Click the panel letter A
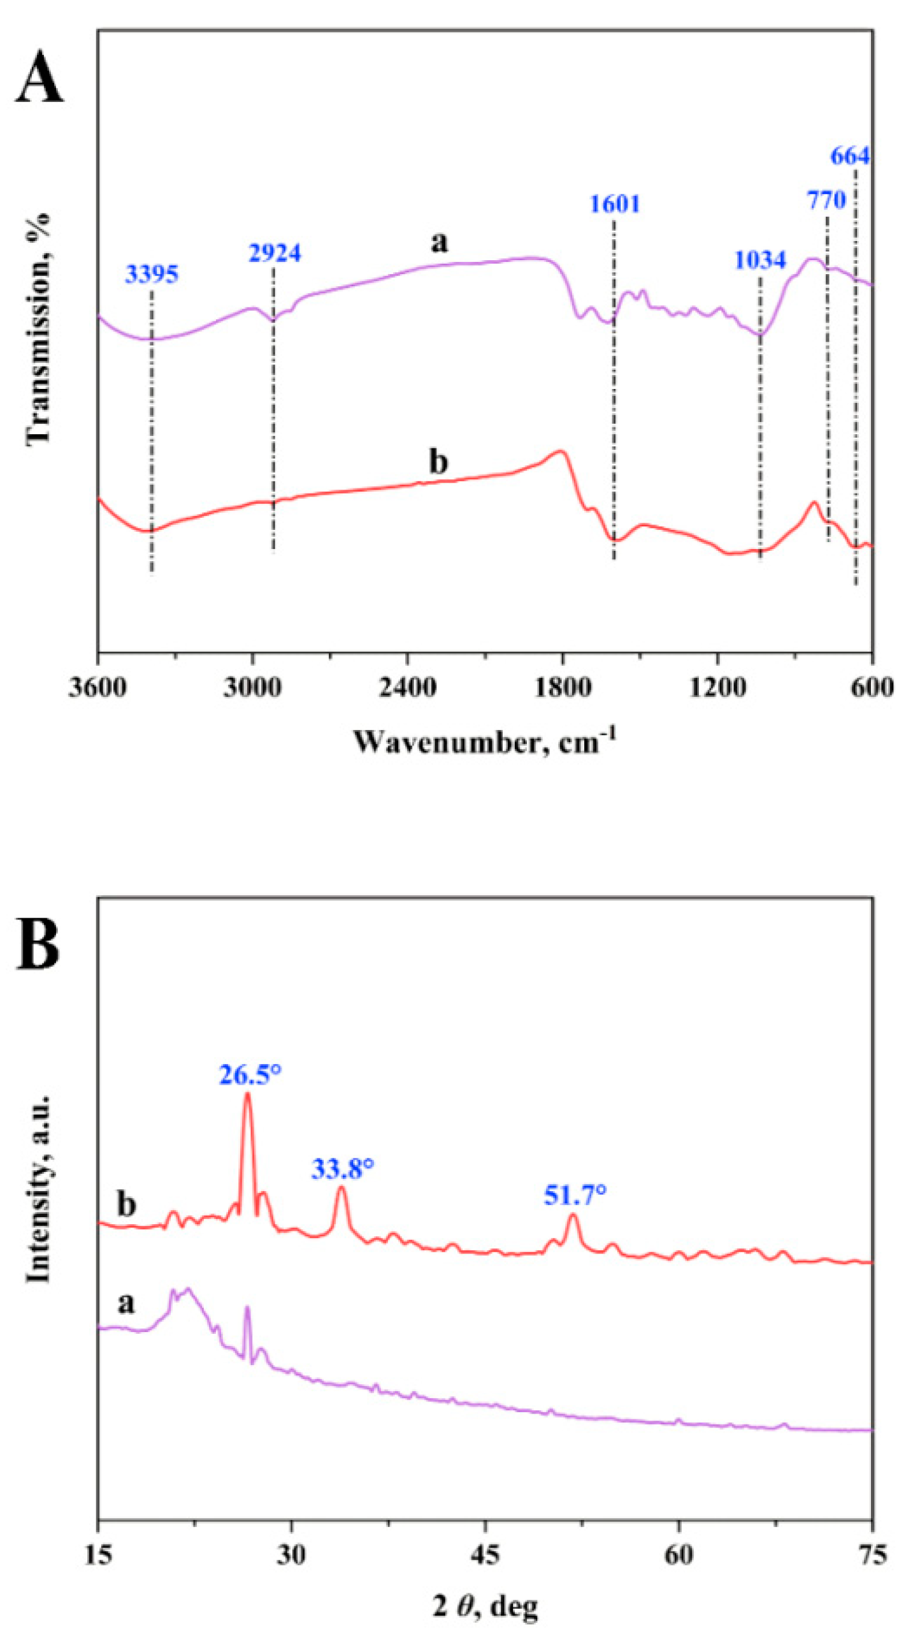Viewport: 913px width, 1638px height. (39, 79)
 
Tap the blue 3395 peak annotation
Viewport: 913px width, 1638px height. (152, 275)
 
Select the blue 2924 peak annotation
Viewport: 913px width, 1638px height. (274, 254)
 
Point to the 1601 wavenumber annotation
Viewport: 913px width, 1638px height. (614, 205)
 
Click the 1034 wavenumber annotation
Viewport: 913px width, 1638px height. (760, 261)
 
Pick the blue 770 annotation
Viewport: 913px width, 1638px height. (826, 201)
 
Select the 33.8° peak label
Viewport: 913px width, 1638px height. (343, 1169)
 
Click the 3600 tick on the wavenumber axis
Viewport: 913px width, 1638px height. (97, 688)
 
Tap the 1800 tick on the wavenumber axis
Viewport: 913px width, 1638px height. (562, 688)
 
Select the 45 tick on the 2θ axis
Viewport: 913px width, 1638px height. (485, 1554)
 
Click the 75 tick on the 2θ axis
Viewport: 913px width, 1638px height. (872, 1554)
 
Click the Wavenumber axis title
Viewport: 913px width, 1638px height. (484, 742)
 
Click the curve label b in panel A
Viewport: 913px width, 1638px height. (438, 462)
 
